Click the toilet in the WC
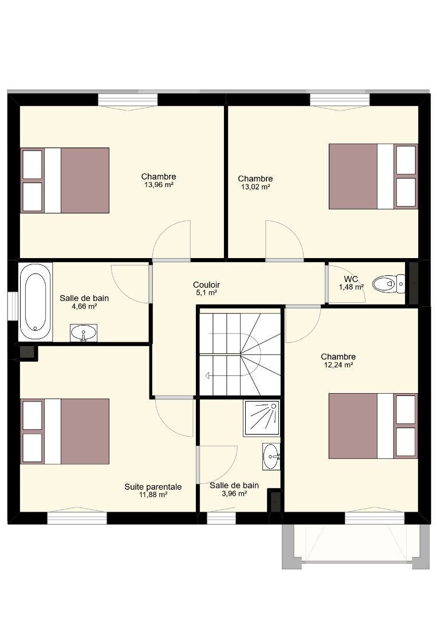388,284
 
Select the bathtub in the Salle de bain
36,302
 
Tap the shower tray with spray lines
262,418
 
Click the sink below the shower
271,457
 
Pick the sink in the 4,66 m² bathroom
84,333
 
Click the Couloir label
206,284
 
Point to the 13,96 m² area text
159,184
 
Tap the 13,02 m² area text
255,187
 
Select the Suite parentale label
153,487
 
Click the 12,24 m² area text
338,365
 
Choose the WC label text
351,279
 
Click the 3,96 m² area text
234,493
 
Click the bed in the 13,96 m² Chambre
65,180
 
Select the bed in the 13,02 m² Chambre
373,176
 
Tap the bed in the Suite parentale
65,431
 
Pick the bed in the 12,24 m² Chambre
373,426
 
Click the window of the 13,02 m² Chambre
340,100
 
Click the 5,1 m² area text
206,293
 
